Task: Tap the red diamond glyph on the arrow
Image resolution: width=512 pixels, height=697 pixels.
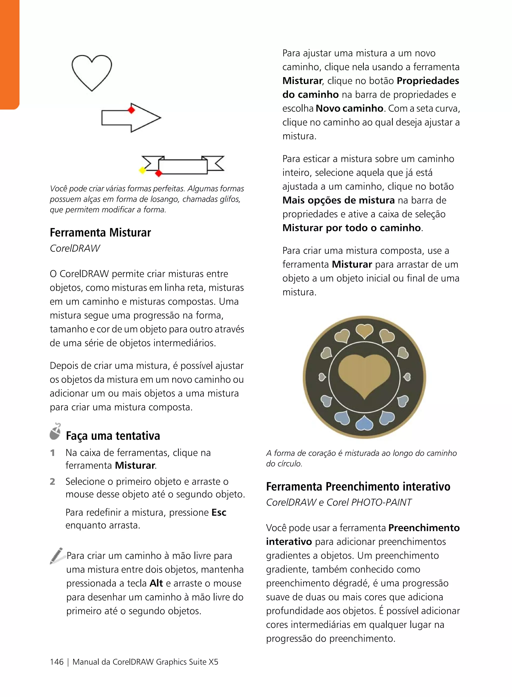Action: point(131,110)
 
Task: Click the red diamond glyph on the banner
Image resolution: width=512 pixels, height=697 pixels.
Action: point(158,173)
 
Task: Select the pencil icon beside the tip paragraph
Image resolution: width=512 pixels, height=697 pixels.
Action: point(57,556)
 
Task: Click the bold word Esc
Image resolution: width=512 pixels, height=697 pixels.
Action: point(219,512)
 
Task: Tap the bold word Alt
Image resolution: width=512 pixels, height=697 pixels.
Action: point(156,583)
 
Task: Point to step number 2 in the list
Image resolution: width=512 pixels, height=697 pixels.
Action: point(52,481)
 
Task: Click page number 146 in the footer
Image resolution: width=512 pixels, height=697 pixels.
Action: point(57,662)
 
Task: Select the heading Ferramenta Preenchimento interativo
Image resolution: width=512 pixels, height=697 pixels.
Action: point(358,486)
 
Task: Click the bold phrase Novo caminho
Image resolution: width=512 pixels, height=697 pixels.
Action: point(349,108)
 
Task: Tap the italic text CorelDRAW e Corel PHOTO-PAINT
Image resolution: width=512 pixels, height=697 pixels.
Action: point(339,502)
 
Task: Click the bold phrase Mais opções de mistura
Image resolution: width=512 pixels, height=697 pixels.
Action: point(338,200)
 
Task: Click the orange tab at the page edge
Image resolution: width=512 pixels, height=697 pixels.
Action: point(9,54)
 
